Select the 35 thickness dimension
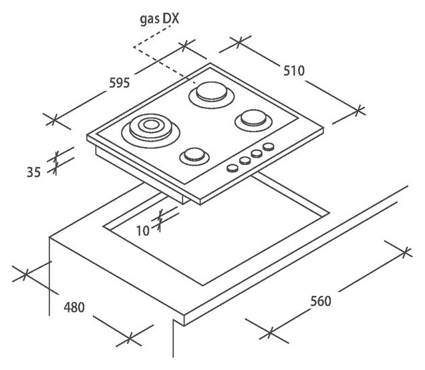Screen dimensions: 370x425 [x=33, y=172]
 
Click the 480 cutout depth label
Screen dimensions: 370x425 [x=74, y=309]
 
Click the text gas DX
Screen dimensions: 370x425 [x=159, y=21]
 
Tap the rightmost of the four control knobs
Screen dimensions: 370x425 [x=268, y=147]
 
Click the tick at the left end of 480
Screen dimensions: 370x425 [x=25, y=274]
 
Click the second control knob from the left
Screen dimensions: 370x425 [x=245, y=160]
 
